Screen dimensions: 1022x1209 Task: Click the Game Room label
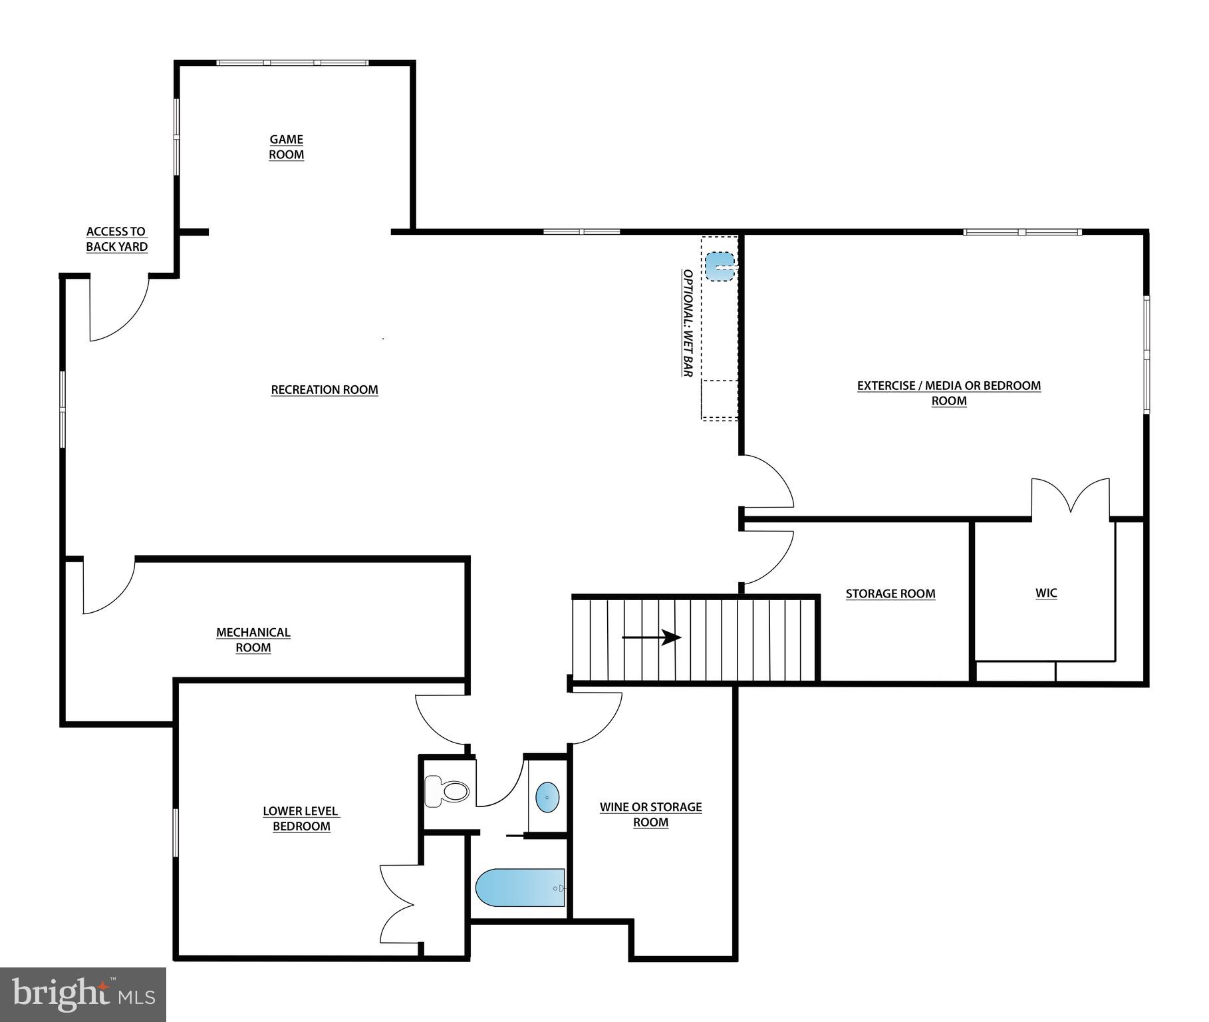(286, 147)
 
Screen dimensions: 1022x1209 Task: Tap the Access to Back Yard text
(116, 239)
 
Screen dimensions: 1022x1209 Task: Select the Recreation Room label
(325, 390)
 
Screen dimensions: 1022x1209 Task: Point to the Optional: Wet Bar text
(688, 323)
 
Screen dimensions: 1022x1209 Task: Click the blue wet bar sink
(720, 266)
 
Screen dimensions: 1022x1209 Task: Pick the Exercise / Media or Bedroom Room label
(948, 393)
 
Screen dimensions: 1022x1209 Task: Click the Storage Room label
(890, 594)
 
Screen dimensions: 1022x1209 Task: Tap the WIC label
(1046, 593)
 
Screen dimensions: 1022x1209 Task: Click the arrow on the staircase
(652, 637)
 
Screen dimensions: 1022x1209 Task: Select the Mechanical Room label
(253, 640)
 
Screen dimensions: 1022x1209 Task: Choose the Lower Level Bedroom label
(301, 818)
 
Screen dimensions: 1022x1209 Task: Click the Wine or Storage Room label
(650, 814)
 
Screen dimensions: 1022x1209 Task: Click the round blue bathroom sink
(547, 796)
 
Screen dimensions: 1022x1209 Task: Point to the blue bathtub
(519, 888)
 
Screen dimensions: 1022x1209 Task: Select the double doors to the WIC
(1070, 498)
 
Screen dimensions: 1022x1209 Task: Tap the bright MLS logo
(82, 995)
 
